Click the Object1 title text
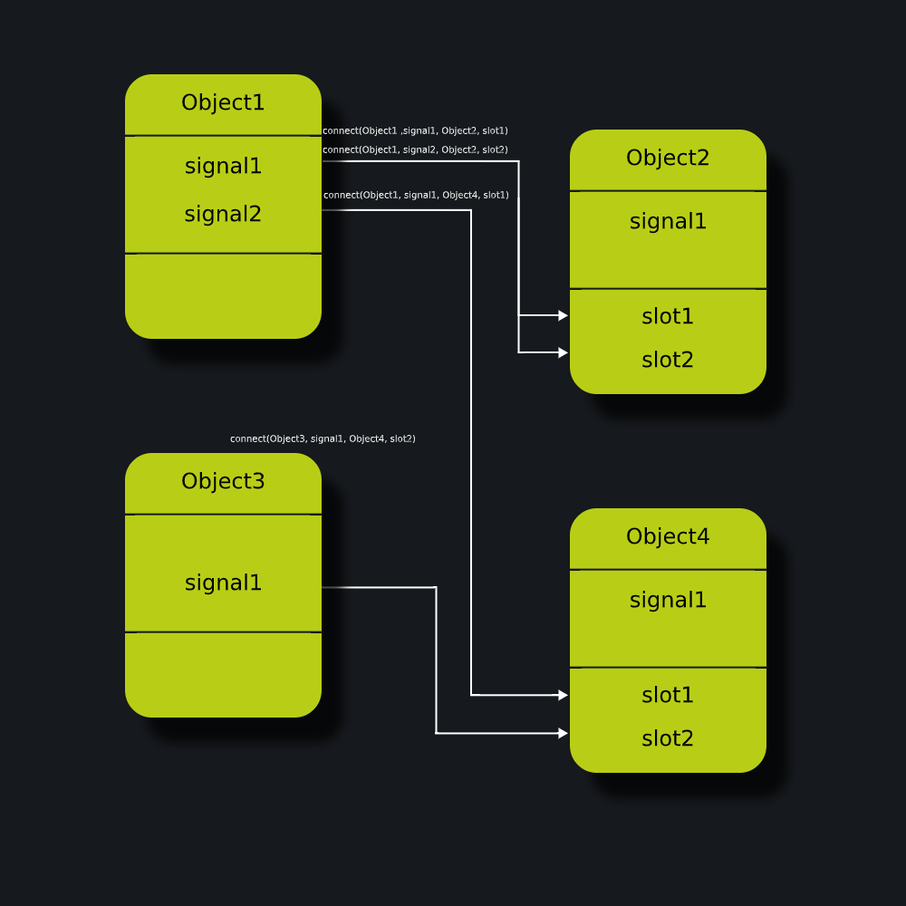tap(223, 102)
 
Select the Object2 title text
tap(668, 158)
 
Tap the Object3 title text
tap(223, 481)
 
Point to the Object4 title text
tap(668, 536)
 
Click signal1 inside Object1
tap(223, 167)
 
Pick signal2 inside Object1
tap(223, 215)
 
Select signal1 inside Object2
tap(668, 221)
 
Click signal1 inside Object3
tap(223, 583)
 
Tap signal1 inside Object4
tap(668, 600)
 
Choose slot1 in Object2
tap(668, 316)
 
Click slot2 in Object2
tap(668, 360)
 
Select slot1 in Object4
tap(668, 695)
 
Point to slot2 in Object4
tap(668, 738)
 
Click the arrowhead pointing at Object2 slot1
tap(564, 315)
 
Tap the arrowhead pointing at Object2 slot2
tap(564, 352)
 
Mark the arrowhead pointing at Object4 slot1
tap(564, 695)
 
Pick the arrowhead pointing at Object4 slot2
tap(564, 733)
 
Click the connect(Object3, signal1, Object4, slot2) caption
tap(323, 439)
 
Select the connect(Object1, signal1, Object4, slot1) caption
tap(416, 196)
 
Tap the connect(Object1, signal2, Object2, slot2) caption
tap(416, 149)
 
